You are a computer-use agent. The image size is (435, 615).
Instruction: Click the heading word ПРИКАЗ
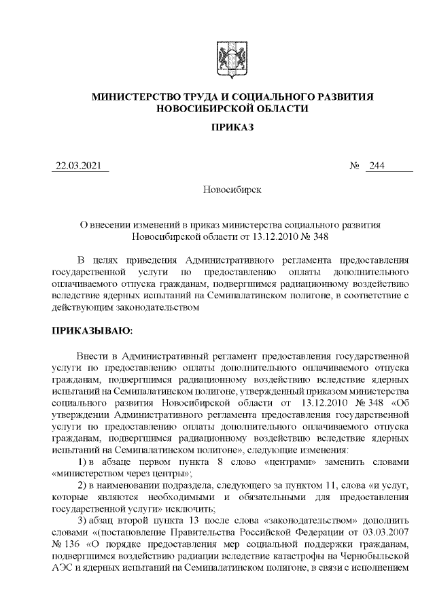(x=232, y=128)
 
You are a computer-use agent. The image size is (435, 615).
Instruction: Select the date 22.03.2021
(x=81, y=166)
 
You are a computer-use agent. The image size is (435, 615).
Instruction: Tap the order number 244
(x=377, y=166)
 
